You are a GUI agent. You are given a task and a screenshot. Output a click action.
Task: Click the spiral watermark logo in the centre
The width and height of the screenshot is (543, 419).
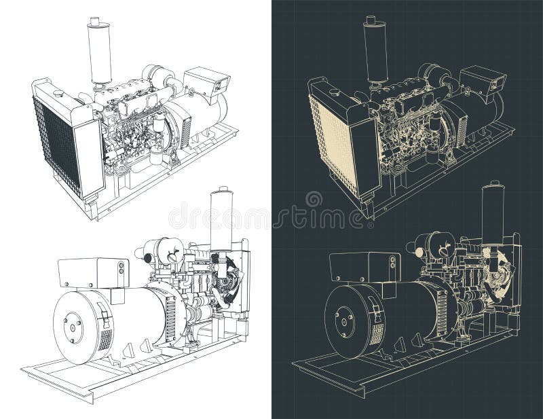(314, 200)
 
